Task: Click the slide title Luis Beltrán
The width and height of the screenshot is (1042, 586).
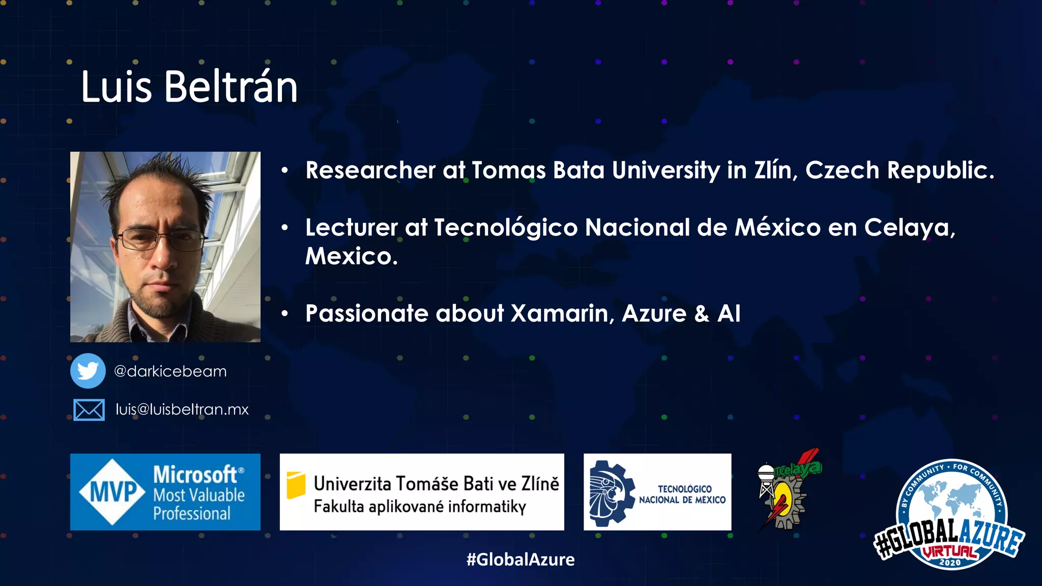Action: click(x=189, y=87)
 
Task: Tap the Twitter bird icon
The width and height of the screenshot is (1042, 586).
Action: click(x=88, y=371)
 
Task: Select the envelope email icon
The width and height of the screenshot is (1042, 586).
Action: click(x=89, y=409)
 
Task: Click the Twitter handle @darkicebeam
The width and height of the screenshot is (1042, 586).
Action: click(x=170, y=371)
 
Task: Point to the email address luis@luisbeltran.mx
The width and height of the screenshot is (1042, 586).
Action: click(x=182, y=409)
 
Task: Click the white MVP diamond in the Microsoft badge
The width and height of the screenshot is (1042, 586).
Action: click(x=113, y=492)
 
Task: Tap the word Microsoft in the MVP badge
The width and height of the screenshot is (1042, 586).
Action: click(x=195, y=475)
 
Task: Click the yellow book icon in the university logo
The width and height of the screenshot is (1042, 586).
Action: click(x=296, y=485)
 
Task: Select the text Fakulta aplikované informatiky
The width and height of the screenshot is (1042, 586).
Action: click(x=420, y=507)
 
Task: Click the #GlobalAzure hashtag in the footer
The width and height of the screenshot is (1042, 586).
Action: click(x=520, y=560)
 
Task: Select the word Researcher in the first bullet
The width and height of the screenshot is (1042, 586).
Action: click(x=370, y=170)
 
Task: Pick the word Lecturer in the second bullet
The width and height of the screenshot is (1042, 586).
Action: click(x=351, y=227)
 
